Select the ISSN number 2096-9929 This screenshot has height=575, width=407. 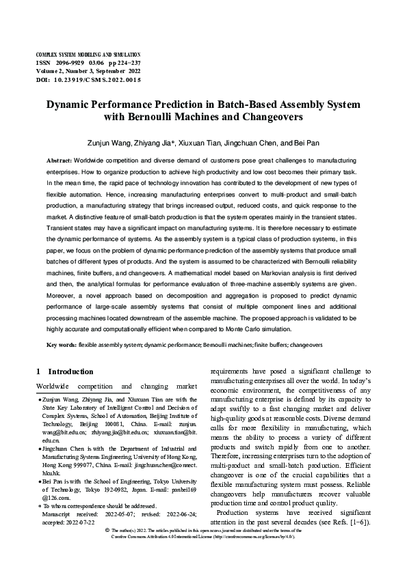[x=70, y=62]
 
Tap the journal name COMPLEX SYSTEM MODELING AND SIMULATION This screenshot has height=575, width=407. [x=88, y=54]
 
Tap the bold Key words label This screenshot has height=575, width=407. [x=62, y=346]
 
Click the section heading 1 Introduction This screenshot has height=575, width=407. [x=64, y=371]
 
